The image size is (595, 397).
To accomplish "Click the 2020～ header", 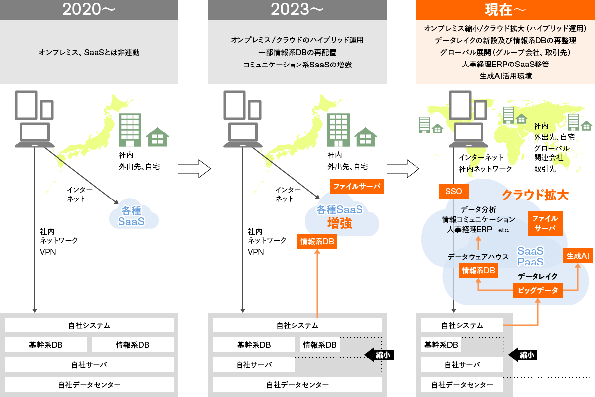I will [x=89, y=10].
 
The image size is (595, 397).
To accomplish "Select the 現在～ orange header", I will [x=505, y=10].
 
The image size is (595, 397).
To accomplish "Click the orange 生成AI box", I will [x=578, y=256].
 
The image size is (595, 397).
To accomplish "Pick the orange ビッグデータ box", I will [x=538, y=290].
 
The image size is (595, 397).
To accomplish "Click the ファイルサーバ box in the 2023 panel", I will [x=357, y=187].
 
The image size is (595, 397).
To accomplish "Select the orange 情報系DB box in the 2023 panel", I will [x=317, y=241].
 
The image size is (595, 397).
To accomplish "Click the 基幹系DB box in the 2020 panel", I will [x=46, y=345].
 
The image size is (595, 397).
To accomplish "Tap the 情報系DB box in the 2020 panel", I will [x=132, y=345].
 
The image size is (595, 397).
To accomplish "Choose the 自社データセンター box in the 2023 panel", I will [x=297, y=385].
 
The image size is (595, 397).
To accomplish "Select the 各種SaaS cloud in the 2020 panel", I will [x=132, y=216].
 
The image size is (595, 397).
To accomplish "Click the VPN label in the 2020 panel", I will [x=48, y=252].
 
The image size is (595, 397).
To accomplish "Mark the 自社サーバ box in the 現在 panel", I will [x=462, y=365].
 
